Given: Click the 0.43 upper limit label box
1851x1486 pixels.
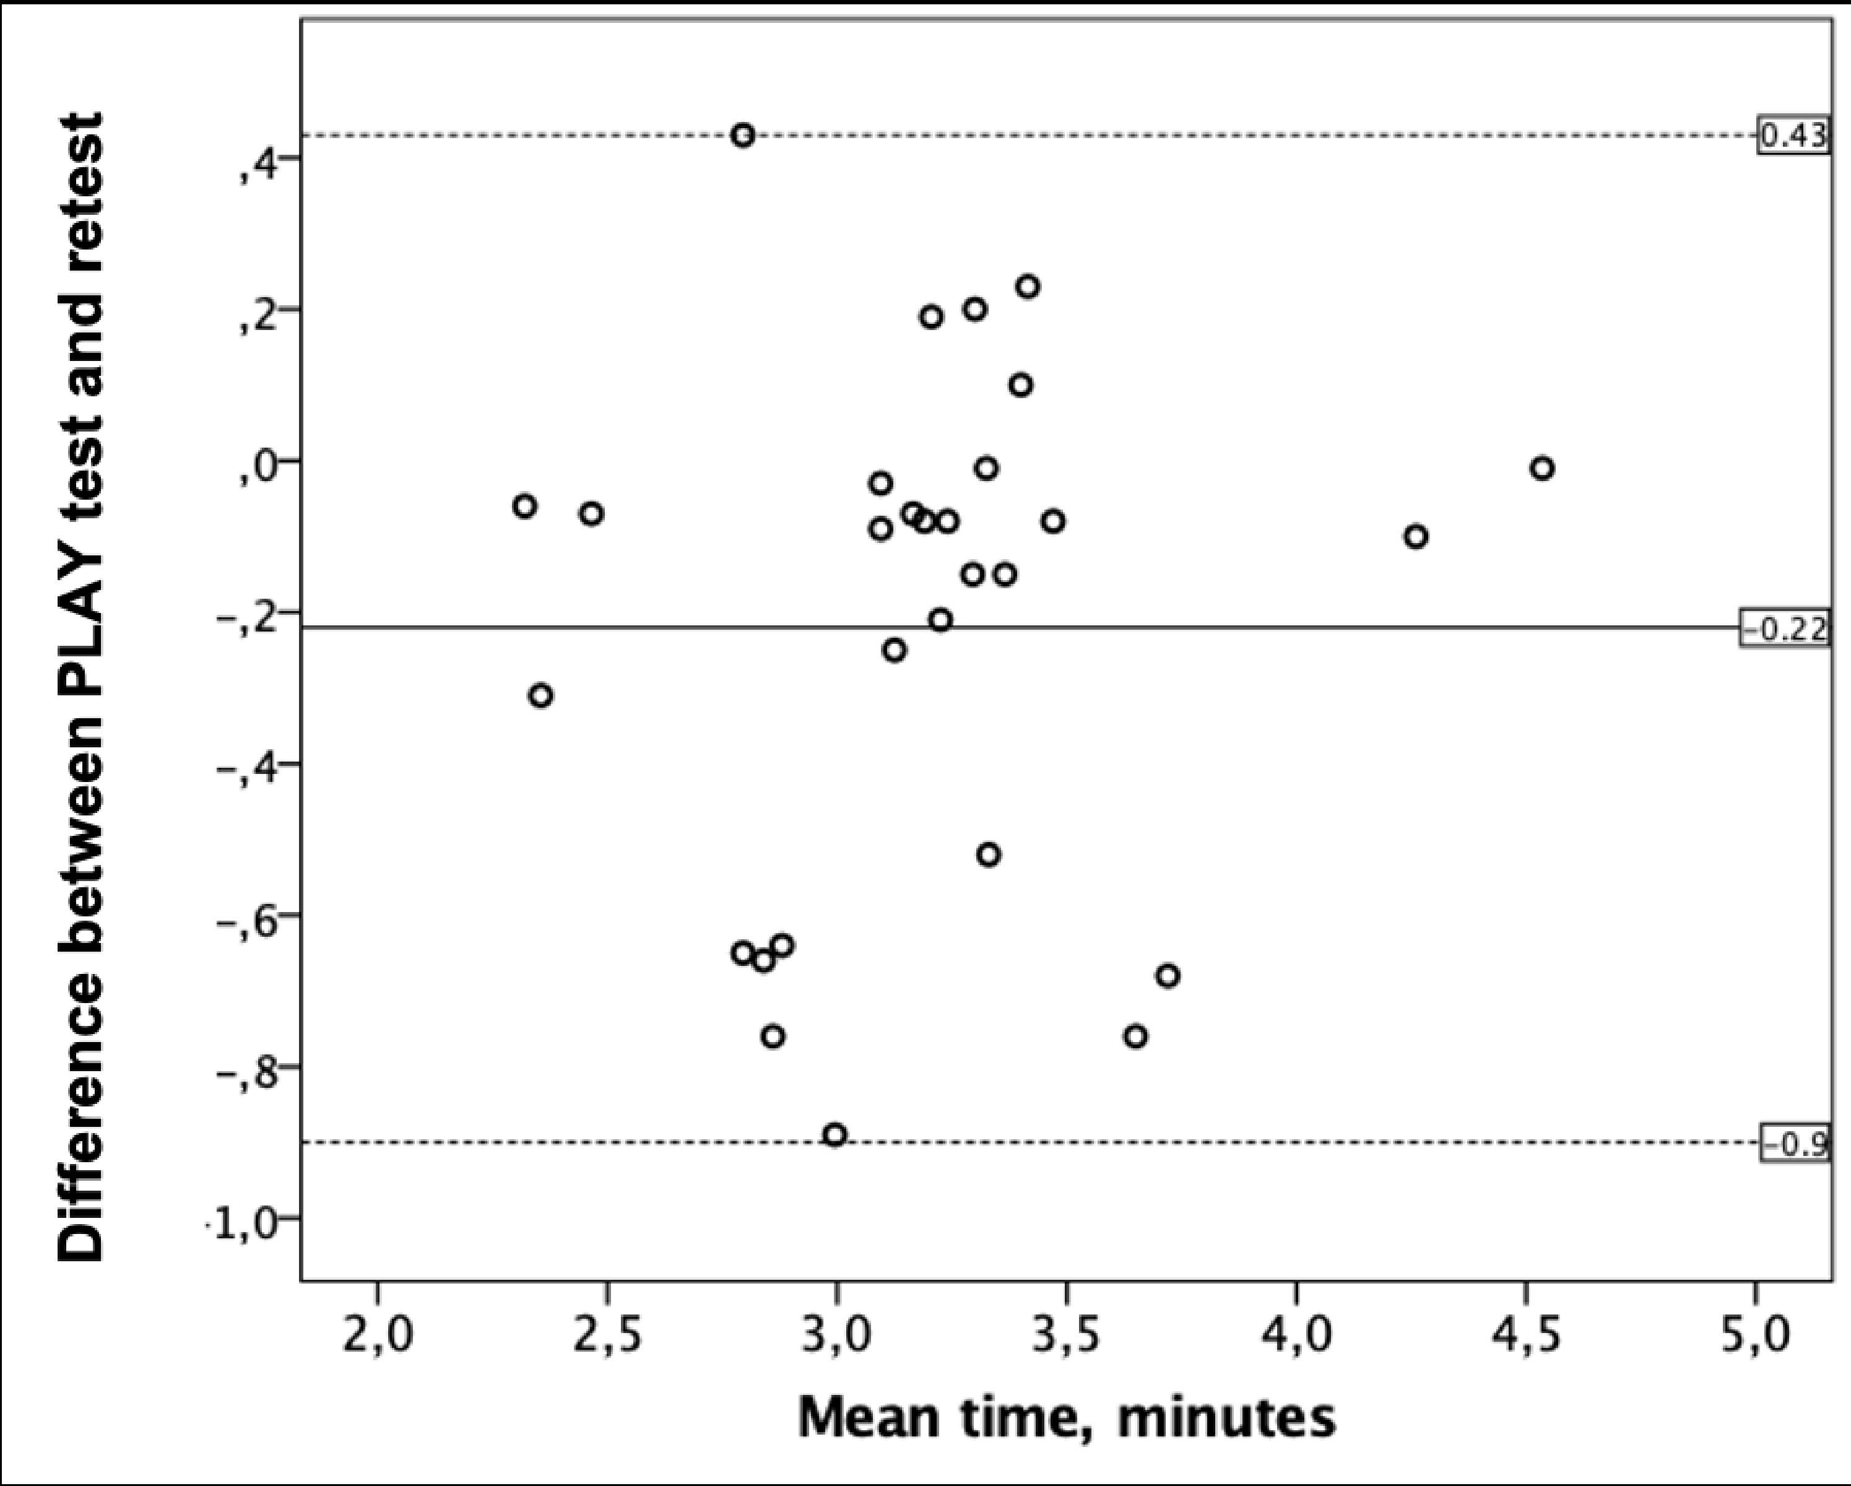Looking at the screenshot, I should [1793, 136].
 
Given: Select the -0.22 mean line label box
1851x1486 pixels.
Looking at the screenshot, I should [1785, 629].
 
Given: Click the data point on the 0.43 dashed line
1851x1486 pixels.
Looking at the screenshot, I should [743, 135].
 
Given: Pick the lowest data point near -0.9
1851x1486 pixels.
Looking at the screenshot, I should [834, 1135].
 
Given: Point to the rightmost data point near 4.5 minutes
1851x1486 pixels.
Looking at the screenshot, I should [1542, 469].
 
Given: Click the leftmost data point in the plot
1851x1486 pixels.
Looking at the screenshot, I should [524, 506].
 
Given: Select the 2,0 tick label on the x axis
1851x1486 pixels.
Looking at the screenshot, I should [378, 1337].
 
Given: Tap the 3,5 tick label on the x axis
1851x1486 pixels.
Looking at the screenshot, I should [1066, 1337].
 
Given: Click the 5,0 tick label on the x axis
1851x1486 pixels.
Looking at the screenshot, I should [1755, 1337].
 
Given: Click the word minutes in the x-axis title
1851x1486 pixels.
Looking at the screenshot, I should [1226, 1418].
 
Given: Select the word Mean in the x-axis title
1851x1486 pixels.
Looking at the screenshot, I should [869, 1418].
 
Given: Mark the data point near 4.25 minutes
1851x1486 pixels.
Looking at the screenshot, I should [1416, 537].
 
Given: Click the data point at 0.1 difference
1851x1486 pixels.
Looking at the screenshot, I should [1020, 385].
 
